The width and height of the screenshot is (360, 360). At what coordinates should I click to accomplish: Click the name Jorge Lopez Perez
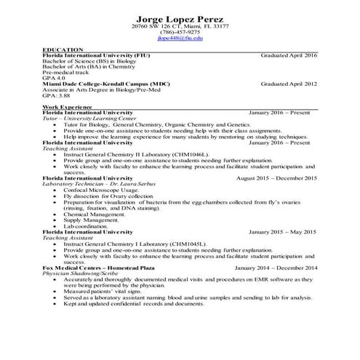tap(180, 17)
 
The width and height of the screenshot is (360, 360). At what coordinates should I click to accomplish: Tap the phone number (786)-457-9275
tap(180, 32)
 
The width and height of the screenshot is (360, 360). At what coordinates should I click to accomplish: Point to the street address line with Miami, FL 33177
tap(180, 26)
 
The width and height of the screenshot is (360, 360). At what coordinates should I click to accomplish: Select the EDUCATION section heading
tap(62, 49)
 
